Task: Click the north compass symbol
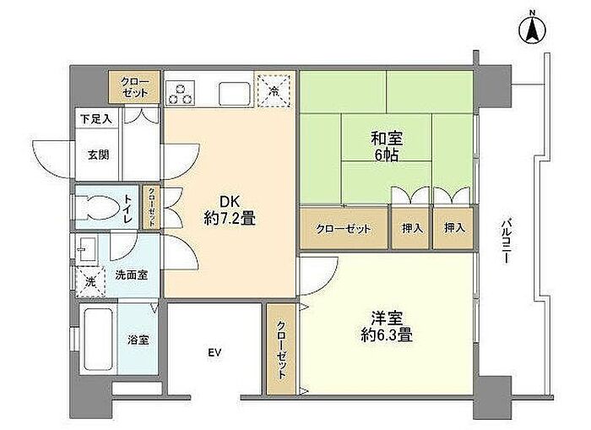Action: click(x=532, y=29)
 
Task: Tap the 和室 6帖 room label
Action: click(x=387, y=146)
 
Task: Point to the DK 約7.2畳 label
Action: click(x=230, y=210)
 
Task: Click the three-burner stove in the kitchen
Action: click(x=180, y=93)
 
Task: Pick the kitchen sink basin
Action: click(x=235, y=93)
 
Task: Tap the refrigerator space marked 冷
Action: click(x=274, y=91)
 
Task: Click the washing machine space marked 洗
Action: click(x=89, y=281)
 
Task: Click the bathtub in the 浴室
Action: click(x=98, y=340)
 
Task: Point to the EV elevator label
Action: click(x=214, y=352)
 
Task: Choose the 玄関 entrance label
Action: click(x=99, y=155)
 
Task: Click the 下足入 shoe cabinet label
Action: click(x=96, y=119)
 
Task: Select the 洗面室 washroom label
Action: click(x=131, y=275)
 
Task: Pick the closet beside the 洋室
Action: click(x=281, y=349)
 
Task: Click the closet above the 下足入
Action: click(x=134, y=87)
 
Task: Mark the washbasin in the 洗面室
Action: click(x=86, y=249)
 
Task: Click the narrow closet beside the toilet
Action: click(x=151, y=207)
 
